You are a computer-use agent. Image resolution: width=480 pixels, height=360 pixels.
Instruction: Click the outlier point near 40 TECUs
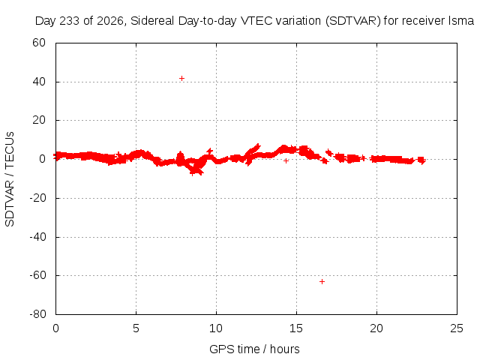(181, 79)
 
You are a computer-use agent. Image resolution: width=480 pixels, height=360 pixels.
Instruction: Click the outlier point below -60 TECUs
(322, 282)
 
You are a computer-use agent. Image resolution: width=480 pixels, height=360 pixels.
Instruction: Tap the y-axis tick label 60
(39, 43)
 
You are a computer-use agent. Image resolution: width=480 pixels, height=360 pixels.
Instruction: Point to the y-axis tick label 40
(39, 82)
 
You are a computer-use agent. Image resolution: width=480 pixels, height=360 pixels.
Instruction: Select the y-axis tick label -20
(37, 198)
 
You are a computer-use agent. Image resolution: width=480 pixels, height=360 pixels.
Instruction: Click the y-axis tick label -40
(37, 237)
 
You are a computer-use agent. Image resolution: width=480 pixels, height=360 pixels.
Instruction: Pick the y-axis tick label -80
(37, 314)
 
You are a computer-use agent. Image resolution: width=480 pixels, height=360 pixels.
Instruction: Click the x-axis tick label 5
(136, 328)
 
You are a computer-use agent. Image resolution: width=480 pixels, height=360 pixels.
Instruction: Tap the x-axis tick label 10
(216, 328)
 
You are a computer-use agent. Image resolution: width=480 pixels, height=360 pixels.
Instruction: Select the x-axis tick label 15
(296, 328)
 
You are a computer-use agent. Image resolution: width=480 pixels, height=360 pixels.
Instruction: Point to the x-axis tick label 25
(457, 328)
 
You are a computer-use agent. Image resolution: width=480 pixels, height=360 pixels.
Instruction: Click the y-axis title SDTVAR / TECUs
(10, 179)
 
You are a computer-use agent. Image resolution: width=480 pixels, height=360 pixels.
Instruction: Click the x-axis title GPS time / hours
(254, 349)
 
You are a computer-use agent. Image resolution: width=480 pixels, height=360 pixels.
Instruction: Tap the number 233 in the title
(70, 21)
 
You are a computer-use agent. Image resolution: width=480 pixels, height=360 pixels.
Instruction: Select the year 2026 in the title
(110, 21)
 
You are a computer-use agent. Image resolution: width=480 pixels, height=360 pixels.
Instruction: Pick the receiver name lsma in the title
(461, 21)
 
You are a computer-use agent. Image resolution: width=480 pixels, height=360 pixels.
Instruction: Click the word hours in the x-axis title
(285, 349)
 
